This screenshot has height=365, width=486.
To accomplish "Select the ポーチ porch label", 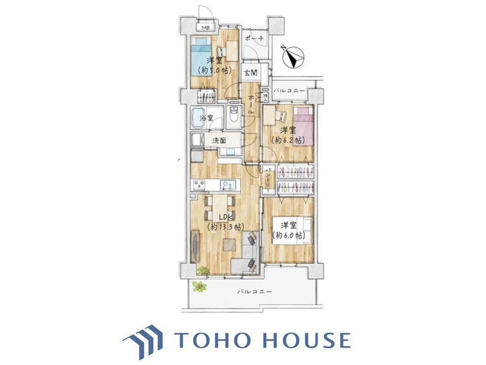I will pyautogui.click(x=253, y=40).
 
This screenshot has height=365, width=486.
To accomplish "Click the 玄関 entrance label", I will pyautogui.click(x=249, y=73).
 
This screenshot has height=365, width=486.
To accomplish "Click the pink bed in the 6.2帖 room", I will pyautogui.click(x=303, y=128).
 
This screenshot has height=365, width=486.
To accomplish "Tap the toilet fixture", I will pyautogui.click(x=234, y=117).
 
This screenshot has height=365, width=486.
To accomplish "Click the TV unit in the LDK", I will pyautogui.click(x=195, y=247).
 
